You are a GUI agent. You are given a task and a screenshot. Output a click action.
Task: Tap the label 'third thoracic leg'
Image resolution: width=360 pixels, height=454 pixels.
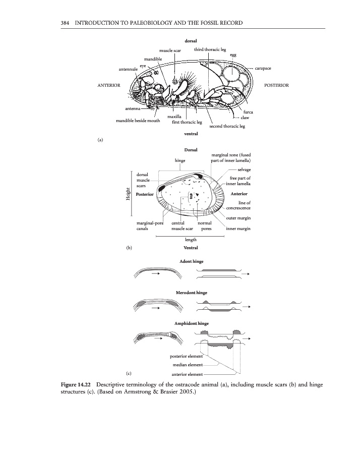click(x=210, y=49)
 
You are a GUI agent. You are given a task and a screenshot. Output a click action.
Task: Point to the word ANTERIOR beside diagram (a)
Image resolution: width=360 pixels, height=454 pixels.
click(x=108, y=85)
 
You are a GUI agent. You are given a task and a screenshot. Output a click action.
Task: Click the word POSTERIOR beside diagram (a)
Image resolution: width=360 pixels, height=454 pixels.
click(x=276, y=85)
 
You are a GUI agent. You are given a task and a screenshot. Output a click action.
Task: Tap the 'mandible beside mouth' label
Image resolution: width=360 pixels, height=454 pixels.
click(x=138, y=121)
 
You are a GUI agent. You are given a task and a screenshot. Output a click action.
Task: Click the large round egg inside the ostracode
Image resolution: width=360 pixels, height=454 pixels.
click(x=235, y=76)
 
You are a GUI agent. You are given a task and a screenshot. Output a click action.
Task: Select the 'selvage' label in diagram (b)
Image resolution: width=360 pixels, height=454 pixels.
click(x=244, y=169)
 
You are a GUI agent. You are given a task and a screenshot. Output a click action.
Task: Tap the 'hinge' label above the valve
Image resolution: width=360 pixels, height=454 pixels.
click(x=180, y=160)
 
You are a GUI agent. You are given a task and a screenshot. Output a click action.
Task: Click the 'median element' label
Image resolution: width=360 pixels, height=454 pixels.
click(x=188, y=365)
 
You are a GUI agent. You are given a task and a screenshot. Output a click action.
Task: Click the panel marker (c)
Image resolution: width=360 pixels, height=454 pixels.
click(x=129, y=373)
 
